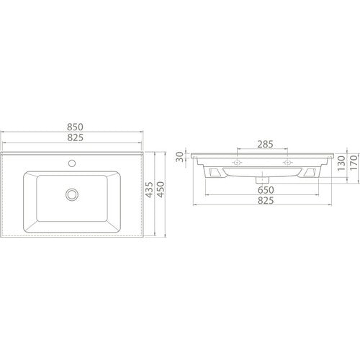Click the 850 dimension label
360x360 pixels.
[75, 127]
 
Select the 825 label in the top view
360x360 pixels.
[75, 138]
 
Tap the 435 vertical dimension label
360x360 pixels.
[149, 189]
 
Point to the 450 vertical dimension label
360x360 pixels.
[161, 189]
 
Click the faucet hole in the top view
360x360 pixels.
[72, 163]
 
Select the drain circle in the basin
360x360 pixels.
[72, 194]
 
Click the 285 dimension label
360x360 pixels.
[265, 144]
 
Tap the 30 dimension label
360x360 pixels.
[179, 157]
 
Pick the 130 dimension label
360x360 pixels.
[341, 163]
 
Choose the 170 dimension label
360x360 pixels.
[354, 163]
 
